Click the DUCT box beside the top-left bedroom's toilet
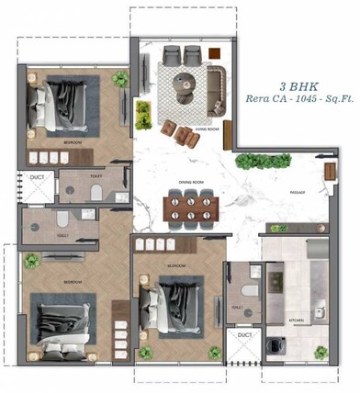[36, 185]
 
